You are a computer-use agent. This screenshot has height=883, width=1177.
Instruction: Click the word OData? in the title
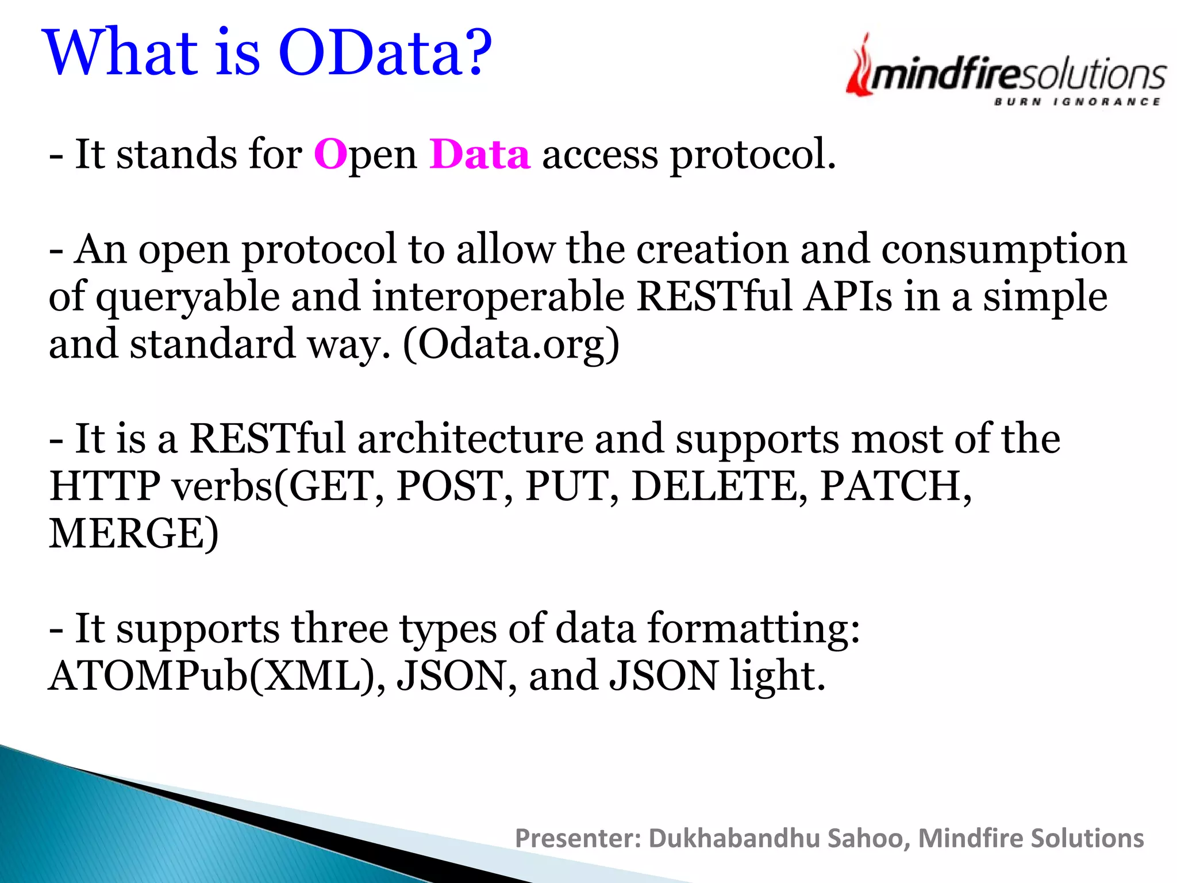pyautogui.click(x=385, y=53)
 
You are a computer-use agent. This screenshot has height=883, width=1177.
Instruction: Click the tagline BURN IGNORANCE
pyautogui.click(x=1077, y=102)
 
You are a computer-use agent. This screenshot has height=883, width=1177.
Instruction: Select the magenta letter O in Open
pyautogui.click(x=330, y=155)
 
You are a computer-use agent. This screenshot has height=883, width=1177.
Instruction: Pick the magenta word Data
pyautogui.click(x=479, y=155)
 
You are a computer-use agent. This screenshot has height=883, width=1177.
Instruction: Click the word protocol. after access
pyautogui.click(x=753, y=156)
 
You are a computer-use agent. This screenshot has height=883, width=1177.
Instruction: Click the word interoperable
pyautogui.click(x=498, y=297)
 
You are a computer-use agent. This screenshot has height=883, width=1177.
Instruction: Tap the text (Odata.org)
pyautogui.click(x=511, y=345)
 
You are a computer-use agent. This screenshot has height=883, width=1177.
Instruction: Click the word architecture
pyautogui.click(x=470, y=439)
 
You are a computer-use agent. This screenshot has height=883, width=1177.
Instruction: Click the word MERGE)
pyautogui.click(x=133, y=534)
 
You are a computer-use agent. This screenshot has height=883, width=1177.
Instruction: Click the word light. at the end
pyautogui.click(x=777, y=676)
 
